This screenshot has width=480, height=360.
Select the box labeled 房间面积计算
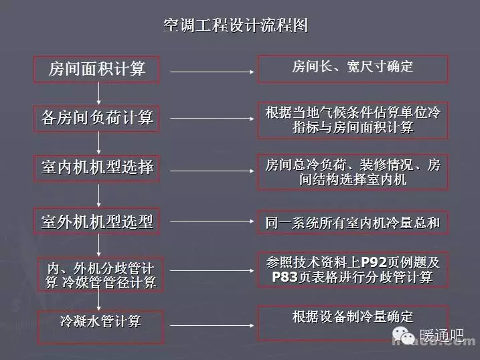tap(96, 68)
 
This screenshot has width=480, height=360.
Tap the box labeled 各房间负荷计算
tap(96, 118)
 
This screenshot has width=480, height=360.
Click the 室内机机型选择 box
tap(96, 167)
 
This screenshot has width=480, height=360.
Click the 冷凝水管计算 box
tap(100, 321)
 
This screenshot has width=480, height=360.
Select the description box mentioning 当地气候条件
tap(353, 118)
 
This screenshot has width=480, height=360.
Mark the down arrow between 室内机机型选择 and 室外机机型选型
tap(98, 194)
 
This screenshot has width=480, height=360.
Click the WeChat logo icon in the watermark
tap(402, 333)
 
